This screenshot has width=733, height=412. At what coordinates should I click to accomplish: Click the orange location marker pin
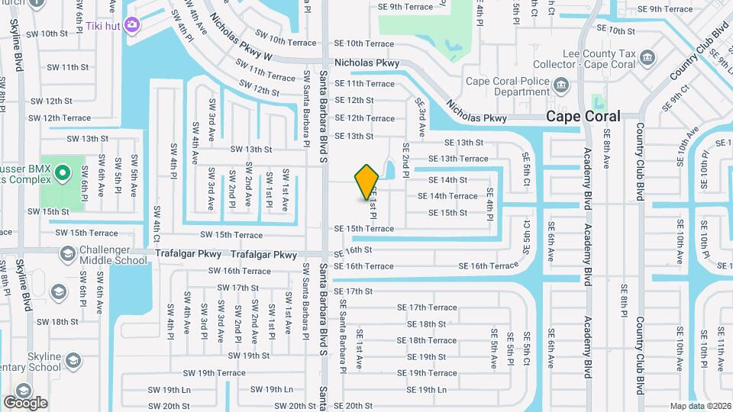pyautogui.click(x=367, y=182)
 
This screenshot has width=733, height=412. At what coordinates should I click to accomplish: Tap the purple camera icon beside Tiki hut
pyautogui.click(x=132, y=25)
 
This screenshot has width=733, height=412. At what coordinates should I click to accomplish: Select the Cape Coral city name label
pyautogui.click(x=583, y=116)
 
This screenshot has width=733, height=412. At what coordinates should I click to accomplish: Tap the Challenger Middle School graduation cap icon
pyautogui.click(x=67, y=253)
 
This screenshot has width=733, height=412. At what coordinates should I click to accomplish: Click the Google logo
pyautogui.click(x=25, y=403)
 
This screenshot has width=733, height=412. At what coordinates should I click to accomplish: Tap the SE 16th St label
pyautogui.click(x=353, y=249)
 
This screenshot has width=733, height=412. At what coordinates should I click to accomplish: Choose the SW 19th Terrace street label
pyautogui.click(x=214, y=373)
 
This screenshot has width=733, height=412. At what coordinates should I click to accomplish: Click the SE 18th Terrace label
pyautogui.click(x=426, y=340)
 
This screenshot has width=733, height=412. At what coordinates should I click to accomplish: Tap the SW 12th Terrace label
pyautogui.click(x=60, y=118)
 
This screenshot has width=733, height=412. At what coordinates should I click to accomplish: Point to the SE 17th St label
pyautogui.click(x=353, y=291)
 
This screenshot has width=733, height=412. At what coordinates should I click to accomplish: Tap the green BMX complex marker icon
pyautogui.click(x=61, y=175)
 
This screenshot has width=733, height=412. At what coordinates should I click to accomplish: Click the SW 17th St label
pyautogui.click(x=237, y=288)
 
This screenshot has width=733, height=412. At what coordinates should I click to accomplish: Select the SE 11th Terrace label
pyautogui.click(x=365, y=84)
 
